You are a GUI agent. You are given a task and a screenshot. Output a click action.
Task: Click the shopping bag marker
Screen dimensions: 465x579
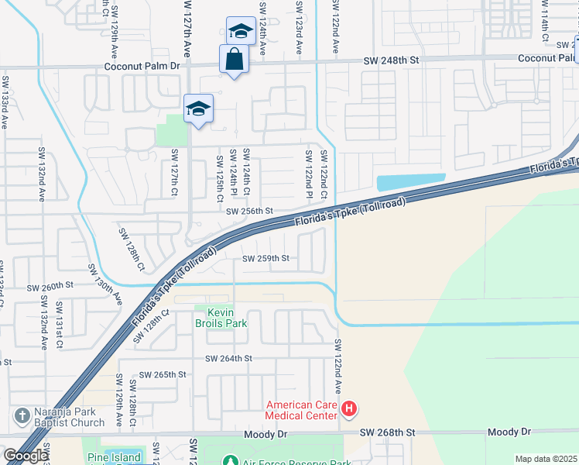234,60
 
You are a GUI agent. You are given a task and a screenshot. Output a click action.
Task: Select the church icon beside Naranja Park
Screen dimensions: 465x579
22,416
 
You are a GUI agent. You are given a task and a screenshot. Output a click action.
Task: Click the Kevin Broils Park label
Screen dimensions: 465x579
221,317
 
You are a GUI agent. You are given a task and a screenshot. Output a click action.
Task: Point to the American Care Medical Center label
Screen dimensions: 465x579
302,410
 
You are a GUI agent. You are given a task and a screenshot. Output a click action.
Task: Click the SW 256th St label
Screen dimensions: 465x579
250,211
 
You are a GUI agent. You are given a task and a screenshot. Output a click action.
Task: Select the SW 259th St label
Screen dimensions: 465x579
266,258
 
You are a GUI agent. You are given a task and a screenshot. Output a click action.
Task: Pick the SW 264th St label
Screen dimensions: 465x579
229,358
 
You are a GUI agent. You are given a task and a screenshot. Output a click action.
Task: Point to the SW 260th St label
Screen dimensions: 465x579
50,287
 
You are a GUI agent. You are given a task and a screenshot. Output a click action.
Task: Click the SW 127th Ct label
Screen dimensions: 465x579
176,172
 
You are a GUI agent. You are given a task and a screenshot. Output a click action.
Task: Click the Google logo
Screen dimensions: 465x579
26,456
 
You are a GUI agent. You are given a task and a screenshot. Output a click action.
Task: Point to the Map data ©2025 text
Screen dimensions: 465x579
546,459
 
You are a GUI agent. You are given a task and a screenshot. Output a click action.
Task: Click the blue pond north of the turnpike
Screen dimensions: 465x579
410,183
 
